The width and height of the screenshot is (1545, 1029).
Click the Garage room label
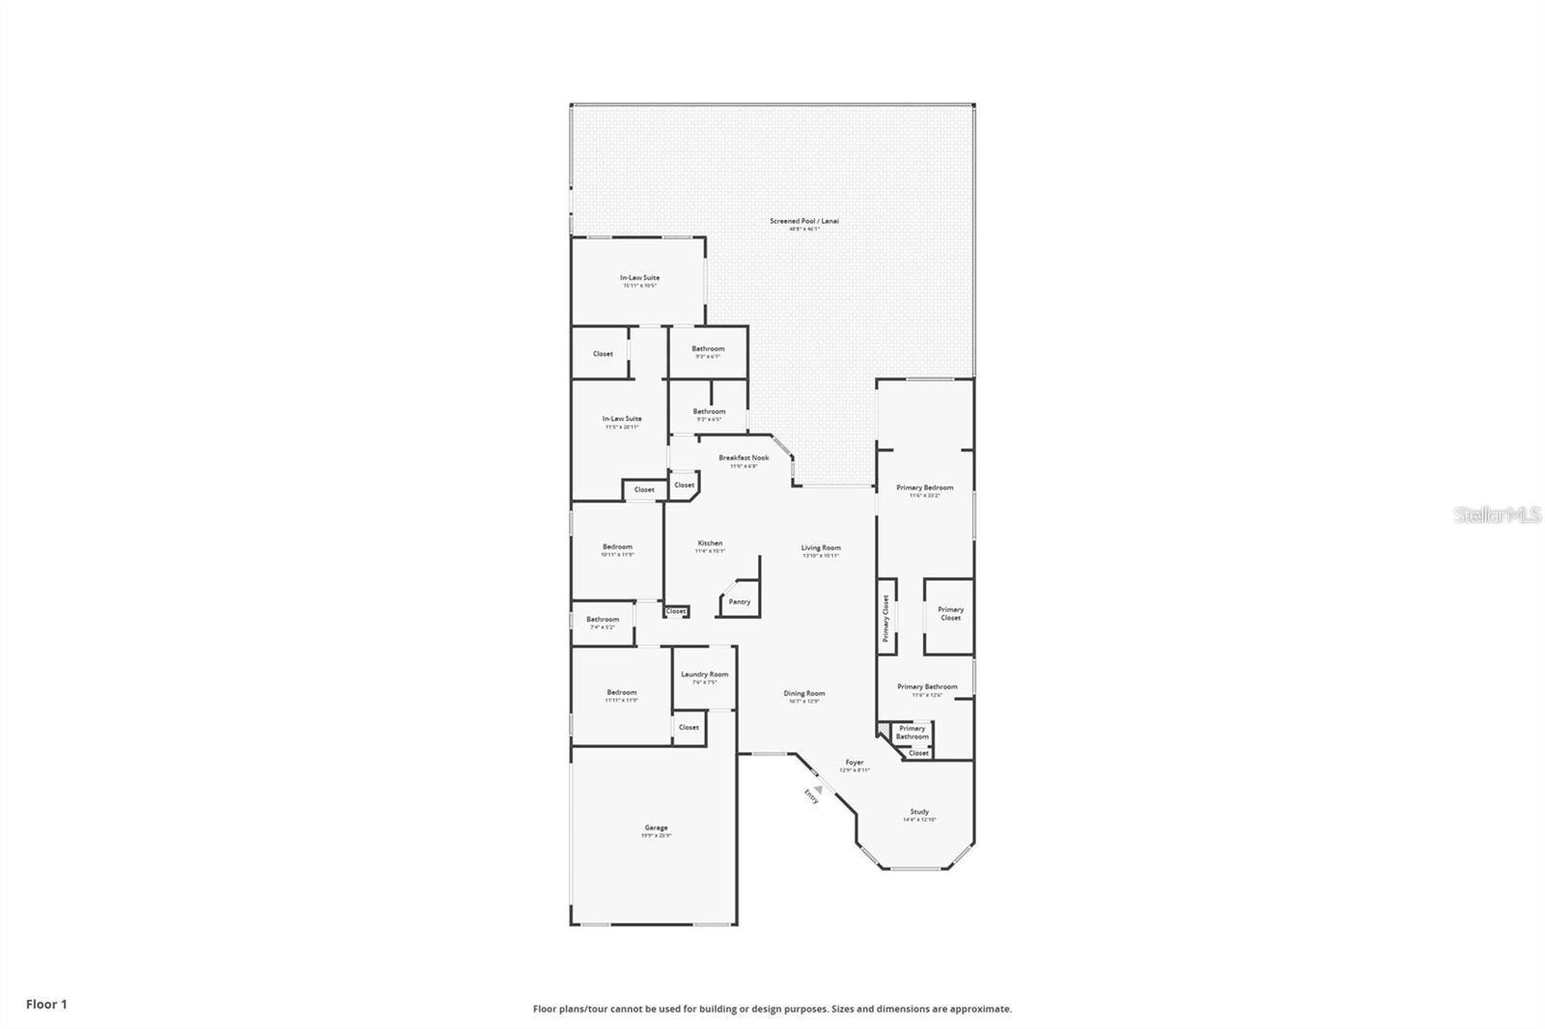[x=656, y=828]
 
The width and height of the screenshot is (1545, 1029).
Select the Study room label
[x=919, y=812]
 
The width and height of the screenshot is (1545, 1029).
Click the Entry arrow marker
[x=819, y=789]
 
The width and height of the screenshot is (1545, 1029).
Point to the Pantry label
[x=740, y=602]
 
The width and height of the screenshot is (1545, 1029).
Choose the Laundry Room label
[x=704, y=675]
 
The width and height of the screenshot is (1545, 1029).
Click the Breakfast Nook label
[x=744, y=458]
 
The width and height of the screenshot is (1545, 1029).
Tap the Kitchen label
[x=710, y=543]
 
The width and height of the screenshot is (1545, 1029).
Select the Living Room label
[x=821, y=548]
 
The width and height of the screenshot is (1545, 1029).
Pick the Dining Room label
[x=803, y=693]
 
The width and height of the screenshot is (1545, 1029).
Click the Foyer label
[x=855, y=763]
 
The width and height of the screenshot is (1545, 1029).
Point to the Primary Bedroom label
[x=924, y=487]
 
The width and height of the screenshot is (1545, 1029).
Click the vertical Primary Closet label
[x=885, y=618]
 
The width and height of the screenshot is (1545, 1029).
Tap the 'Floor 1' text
[x=46, y=1004]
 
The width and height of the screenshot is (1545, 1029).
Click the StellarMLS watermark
[x=1497, y=515]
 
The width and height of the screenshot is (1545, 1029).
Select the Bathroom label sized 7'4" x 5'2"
[x=603, y=620]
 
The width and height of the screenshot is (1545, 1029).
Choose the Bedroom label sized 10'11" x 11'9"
[x=617, y=547]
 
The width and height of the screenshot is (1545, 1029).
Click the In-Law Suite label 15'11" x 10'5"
[x=639, y=278]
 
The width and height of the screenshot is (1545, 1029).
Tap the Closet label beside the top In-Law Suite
[x=603, y=353]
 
